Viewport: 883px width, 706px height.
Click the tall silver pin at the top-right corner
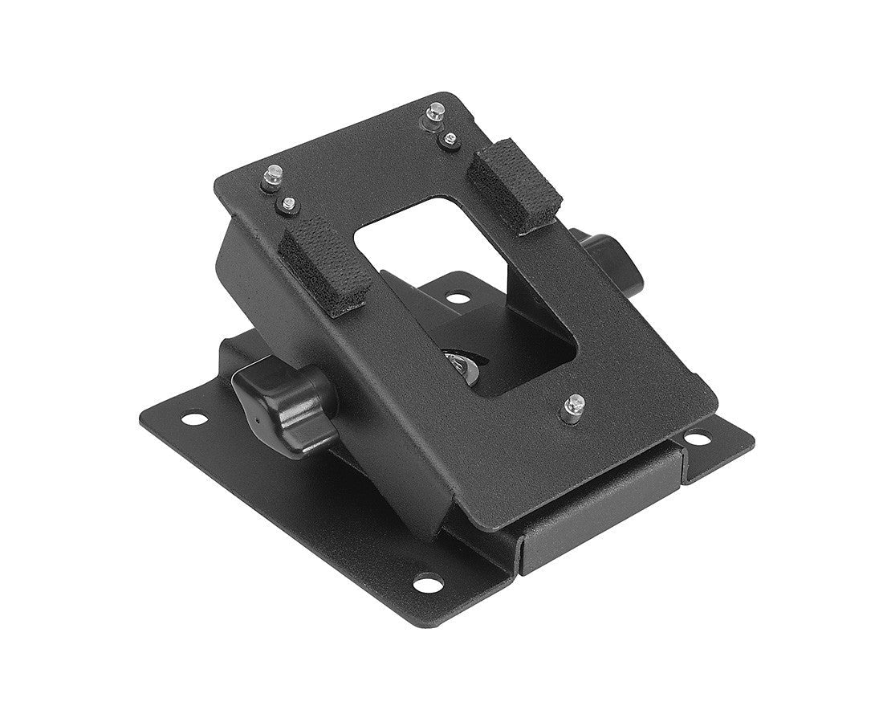coord(434,112)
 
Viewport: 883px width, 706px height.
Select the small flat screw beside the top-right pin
coord(450,141)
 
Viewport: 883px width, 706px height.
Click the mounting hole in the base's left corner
coord(193,418)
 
